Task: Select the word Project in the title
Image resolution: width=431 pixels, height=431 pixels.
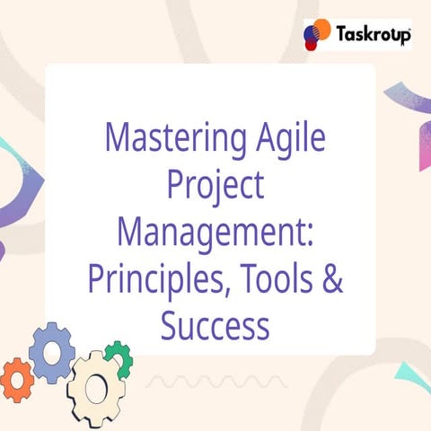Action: click(x=215, y=186)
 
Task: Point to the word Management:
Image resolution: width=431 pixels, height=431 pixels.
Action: click(x=215, y=232)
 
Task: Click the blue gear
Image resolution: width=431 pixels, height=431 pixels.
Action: click(x=52, y=349)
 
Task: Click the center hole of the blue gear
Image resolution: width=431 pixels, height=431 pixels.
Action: click(x=52, y=349)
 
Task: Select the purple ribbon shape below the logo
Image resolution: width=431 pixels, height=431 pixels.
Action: click(x=409, y=121)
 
